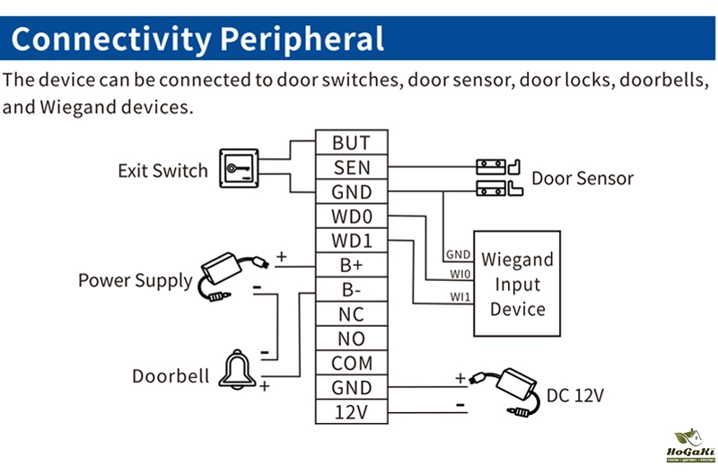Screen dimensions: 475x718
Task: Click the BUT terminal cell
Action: pos(350,143)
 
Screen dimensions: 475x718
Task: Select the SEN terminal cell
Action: pos(350,167)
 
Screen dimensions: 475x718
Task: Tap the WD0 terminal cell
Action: pos(350,216)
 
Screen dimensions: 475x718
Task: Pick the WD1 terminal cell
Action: pos(350,242)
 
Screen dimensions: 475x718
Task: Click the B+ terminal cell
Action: pos(350,266)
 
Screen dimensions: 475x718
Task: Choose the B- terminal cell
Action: pos(350,290)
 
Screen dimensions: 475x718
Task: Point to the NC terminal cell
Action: pos(350,315)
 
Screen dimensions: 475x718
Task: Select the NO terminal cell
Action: pos(350,339)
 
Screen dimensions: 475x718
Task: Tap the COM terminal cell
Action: pos(350,364)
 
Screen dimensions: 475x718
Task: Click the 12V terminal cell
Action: pos(350,413)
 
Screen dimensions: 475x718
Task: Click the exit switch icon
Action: pos(241,168)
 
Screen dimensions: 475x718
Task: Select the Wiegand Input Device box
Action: pos(518,284)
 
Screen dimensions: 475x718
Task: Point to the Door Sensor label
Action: pos(582,178)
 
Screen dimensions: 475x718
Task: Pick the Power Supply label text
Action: pos(135,280)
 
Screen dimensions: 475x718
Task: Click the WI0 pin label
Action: pos(459,274)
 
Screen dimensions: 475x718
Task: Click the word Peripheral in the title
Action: pos(302,39)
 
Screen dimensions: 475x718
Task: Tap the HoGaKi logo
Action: pos(689,448)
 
